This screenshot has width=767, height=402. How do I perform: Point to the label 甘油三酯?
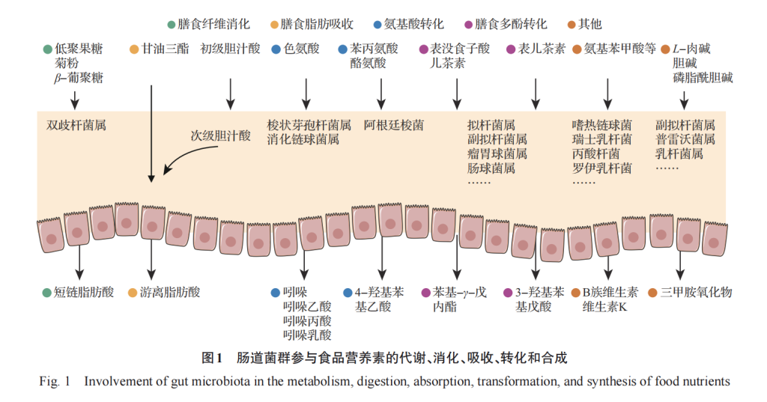click(x=166, y=49)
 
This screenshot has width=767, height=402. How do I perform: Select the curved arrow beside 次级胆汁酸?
click(x=181, y=158)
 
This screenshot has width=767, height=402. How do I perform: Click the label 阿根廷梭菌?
click(x=393, y=125)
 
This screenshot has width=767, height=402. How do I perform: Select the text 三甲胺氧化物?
click(x=696, y=292)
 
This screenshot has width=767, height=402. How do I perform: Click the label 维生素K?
click(x=604, y=306)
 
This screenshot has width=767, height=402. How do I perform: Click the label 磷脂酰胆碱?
click(x=703, y=78)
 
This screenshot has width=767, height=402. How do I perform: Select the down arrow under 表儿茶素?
click(x=535, y=93)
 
